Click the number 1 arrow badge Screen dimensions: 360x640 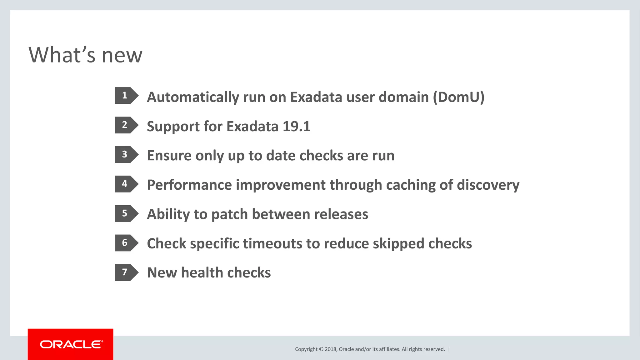pyautogui.click(x=126, y=95)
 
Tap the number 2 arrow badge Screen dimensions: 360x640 pyautogui.click(x=126, y=125)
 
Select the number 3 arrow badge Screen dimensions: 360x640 pyautogui.click(x=126, y=154)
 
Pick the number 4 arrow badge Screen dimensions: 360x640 pyautogui.click(x=126, y=184)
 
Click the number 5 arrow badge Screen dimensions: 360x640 pyautogui.click(x=126, y=213)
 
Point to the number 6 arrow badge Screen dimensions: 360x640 pyautogui.click(x=126, y=243)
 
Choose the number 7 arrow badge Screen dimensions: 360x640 pyautogui.click(x=126, y=272)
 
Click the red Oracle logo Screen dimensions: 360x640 pyautogui.click(x=71, y=344)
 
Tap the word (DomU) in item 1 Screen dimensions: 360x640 pyautogui.click(x=458, y=97)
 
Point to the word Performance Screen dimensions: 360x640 pyautogui.click(x=189, y=185)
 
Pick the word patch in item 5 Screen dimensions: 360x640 pyautogui.click(x=230, y=215)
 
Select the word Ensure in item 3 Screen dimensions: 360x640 pyautogui.click(x=169, y=156)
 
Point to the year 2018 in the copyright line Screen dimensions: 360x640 pyautogui.click(x=330, y=349)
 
